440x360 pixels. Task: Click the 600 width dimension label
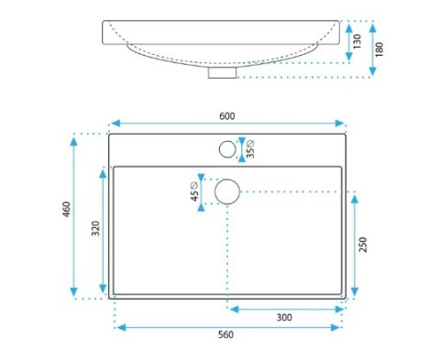[227, 116]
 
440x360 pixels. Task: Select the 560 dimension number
[225, 334]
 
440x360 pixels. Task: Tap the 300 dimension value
[284, 318]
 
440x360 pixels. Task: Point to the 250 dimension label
[363, 245]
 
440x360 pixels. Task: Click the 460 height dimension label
[66, 209]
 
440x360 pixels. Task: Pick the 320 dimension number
[95, 228]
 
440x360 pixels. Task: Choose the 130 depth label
[357, 41]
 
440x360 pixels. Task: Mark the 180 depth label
[379, 49]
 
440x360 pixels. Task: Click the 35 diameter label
[250, 149]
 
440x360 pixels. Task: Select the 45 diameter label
[194, 191]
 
